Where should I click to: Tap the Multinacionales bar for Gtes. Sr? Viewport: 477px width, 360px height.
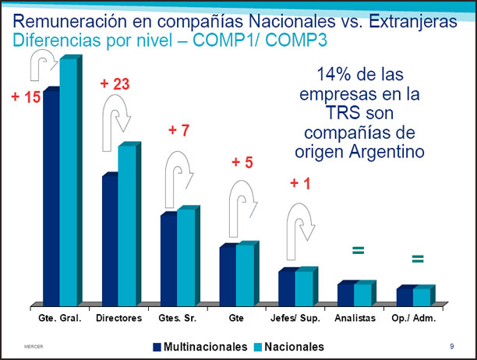click(x=168, y=257)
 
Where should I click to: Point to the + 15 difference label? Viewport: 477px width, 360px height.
click(x=26, y=98)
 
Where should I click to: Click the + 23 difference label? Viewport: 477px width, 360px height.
click(x=115, y=83)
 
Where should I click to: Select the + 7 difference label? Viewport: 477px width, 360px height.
click(x=178, y=130)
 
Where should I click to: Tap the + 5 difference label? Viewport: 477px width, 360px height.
click(x=242, y=163)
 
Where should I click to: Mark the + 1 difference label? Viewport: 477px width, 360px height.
click(x=300, y=184)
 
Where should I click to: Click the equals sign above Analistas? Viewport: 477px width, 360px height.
click(x=358, y=250)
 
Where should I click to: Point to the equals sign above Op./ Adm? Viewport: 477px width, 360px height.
click(x=417, y=259)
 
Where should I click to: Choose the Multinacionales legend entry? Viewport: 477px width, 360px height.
click(x=200, y=346)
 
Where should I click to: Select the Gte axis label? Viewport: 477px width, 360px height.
click(x=236, y=319)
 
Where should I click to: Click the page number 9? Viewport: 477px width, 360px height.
click(x=452, y=345)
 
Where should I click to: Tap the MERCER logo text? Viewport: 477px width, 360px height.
click(x=33, y=345)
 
